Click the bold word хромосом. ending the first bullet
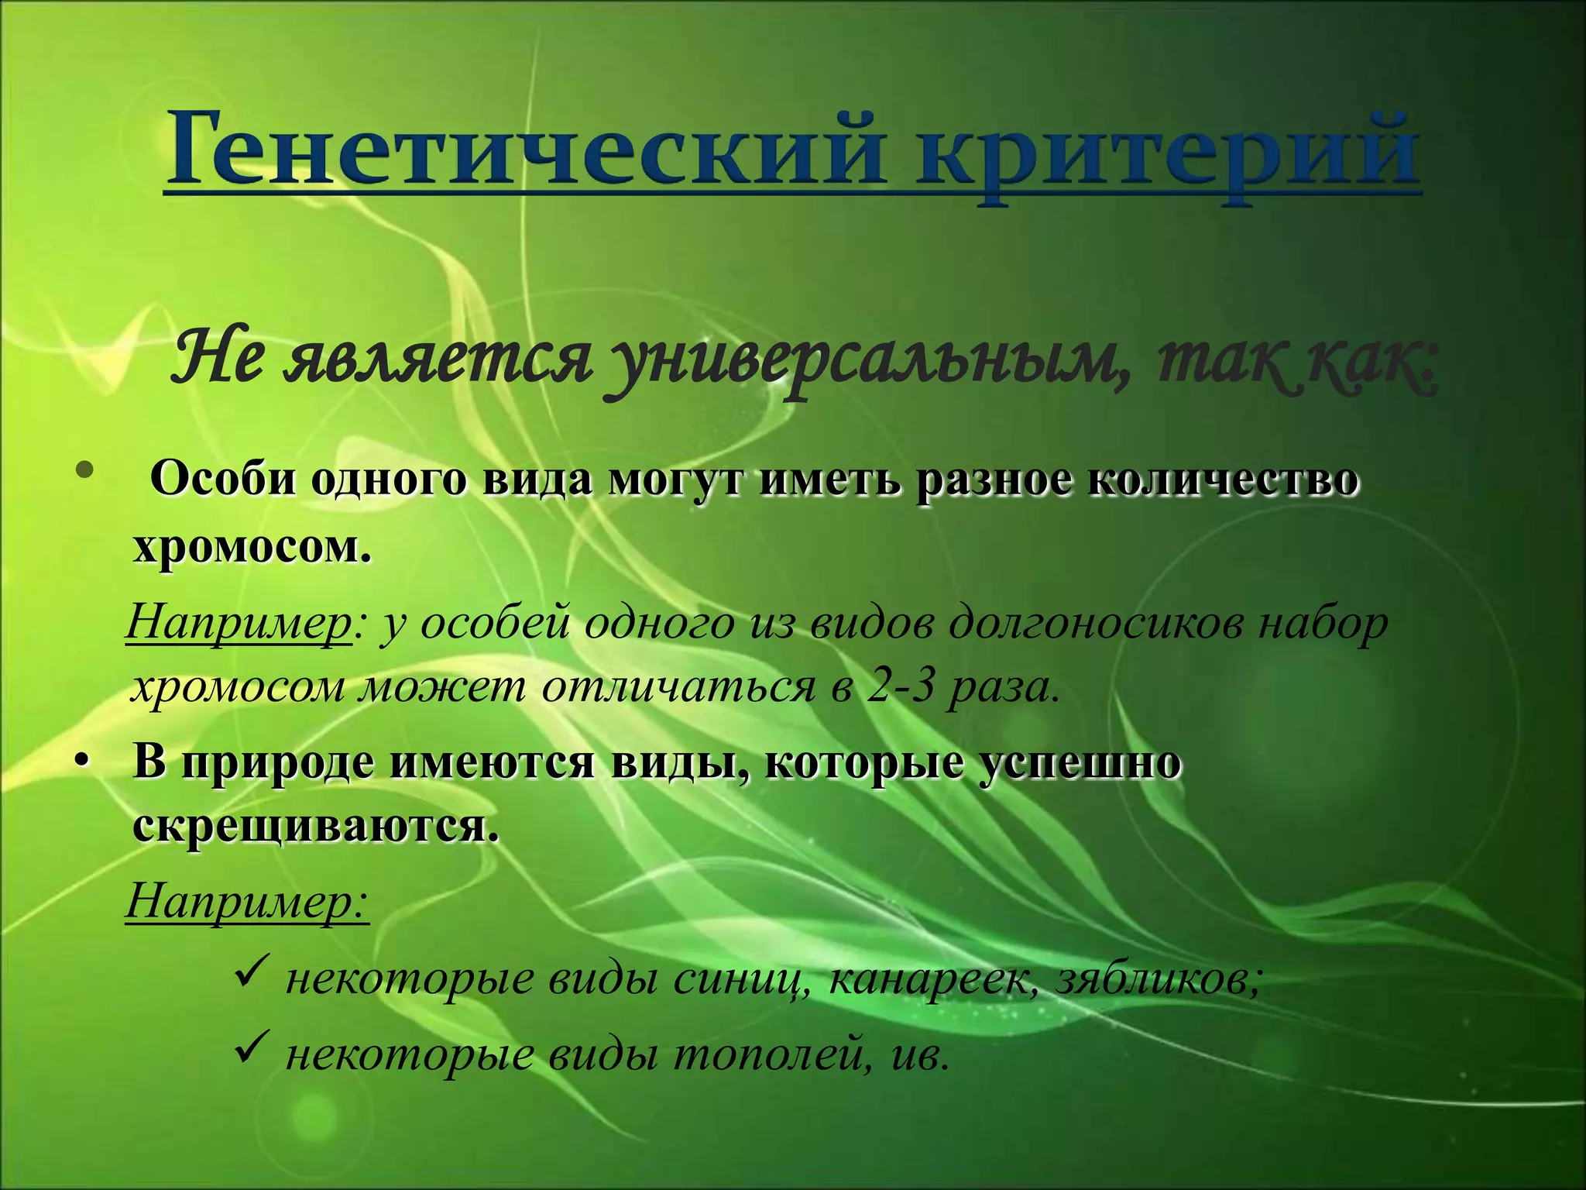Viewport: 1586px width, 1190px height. coord(252,549)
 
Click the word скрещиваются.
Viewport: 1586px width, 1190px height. coord(314,827)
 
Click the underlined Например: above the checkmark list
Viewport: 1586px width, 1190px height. coord(248,903)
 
